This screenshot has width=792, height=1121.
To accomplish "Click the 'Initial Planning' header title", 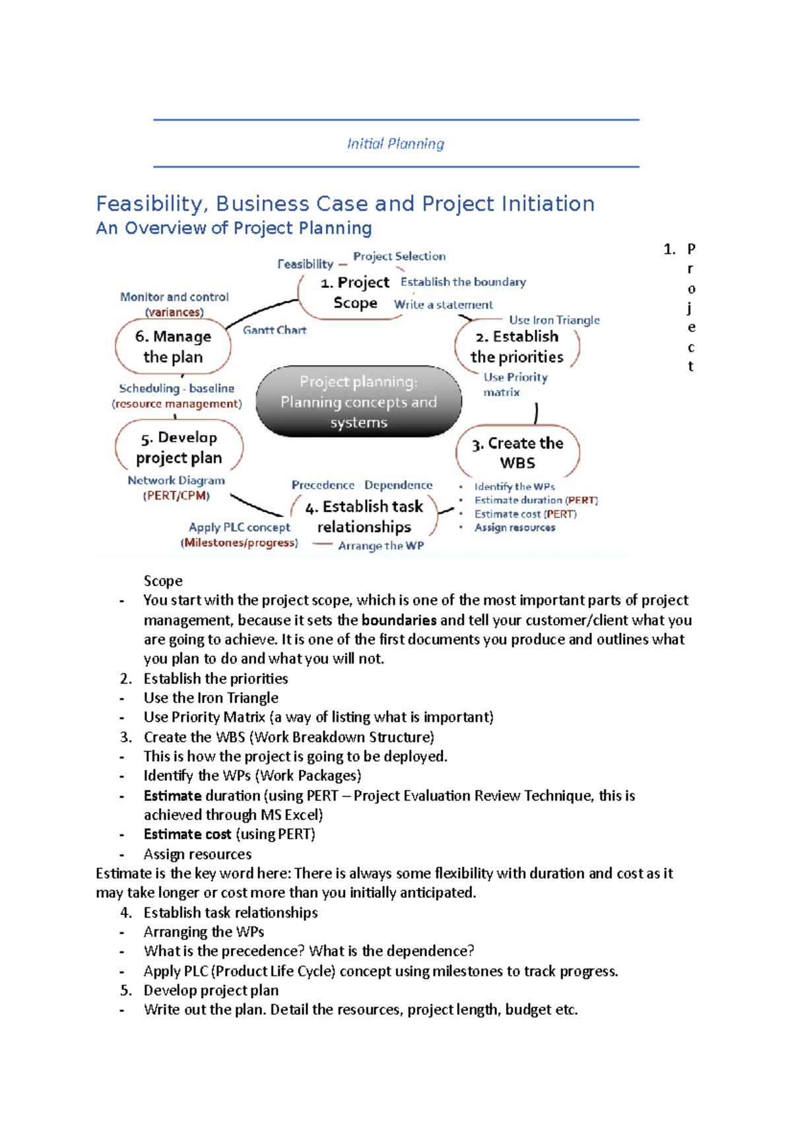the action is [395, 144].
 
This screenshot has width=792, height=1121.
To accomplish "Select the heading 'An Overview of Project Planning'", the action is [234, 228].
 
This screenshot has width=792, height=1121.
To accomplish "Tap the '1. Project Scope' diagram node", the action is [354, 292].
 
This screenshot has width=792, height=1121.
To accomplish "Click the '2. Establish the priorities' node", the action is [517, 347].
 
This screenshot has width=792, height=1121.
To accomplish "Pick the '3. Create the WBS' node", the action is [517, 453].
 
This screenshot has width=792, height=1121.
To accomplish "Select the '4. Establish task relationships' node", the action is [364, 516].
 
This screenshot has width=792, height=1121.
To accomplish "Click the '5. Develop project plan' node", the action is [179, 448].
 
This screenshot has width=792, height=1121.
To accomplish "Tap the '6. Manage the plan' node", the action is [173, 347].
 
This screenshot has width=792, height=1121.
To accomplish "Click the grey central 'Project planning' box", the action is [358, 401].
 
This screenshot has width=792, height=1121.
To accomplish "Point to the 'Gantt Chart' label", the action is [275, 330].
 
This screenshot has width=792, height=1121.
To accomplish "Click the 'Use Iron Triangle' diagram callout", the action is [554, 320].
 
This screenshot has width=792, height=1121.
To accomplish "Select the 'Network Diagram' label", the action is [176, 481].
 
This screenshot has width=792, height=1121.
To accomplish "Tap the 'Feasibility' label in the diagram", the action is [306, 264].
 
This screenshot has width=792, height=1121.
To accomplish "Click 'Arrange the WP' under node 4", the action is [381, 546].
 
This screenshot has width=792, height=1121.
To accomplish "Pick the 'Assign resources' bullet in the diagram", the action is [515, 527].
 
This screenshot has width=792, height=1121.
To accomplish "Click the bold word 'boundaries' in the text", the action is [399, 621].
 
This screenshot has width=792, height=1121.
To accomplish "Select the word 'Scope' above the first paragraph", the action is [163, 581].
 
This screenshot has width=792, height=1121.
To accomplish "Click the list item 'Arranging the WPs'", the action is [204, 932].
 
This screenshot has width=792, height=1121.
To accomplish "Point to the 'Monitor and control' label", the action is [174, 297].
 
